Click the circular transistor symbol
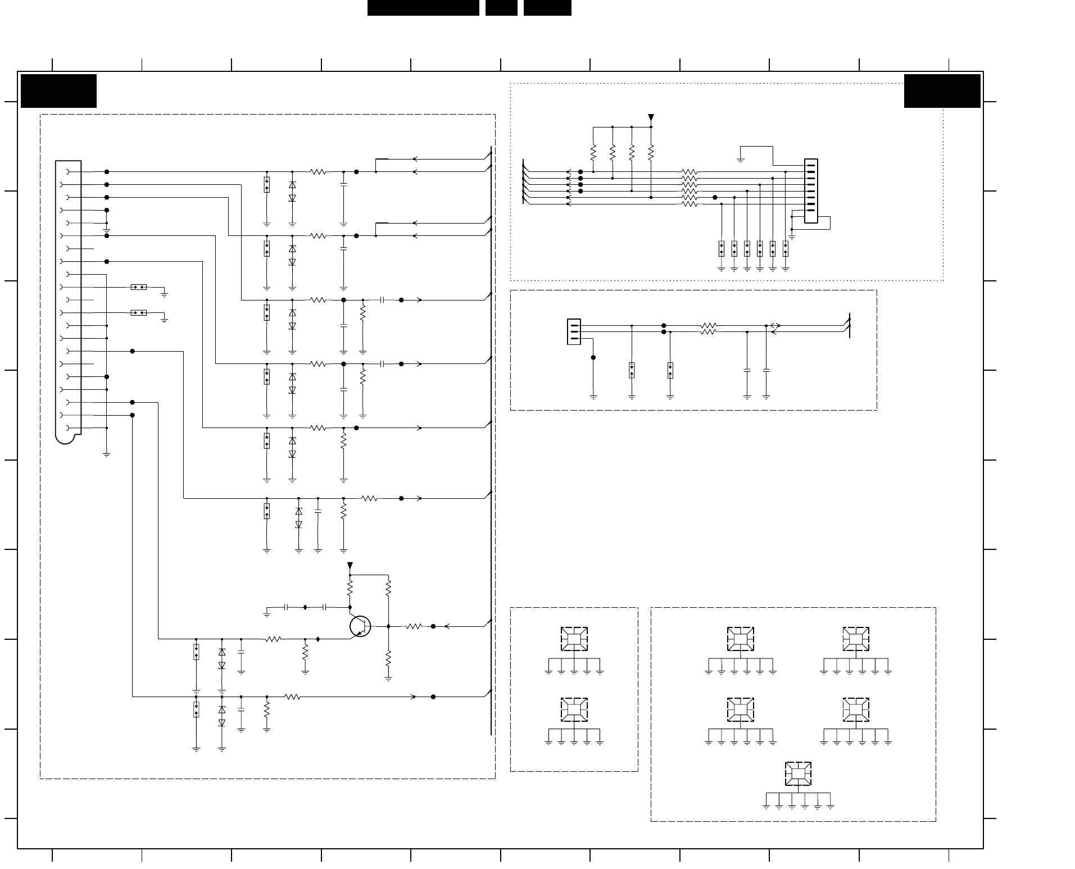click(x=360, y=626)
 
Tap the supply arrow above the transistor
click(x=350, y=565)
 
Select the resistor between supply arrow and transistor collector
click(x=350, y=588)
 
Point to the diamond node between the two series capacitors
click(x=305, y=607)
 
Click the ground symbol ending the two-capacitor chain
click(x=267, y=615)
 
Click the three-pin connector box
click(x=574, y=331)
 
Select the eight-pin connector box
click(x=811, y=191)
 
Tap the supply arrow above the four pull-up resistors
click(x=651, y=118)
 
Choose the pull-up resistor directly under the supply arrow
click(x=651, y=152)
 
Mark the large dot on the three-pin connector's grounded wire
click(x=593, y=357)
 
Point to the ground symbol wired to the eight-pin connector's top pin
click(x=741, y=160)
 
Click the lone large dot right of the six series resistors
click(x=715, y=197)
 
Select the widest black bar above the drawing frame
click(x=423, y=7)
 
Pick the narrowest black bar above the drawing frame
click(x=501, y=7)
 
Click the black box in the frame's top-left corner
click(x=58, y=90)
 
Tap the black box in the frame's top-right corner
click(x=942, y=90)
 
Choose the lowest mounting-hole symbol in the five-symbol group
click(x=798, y=774)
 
